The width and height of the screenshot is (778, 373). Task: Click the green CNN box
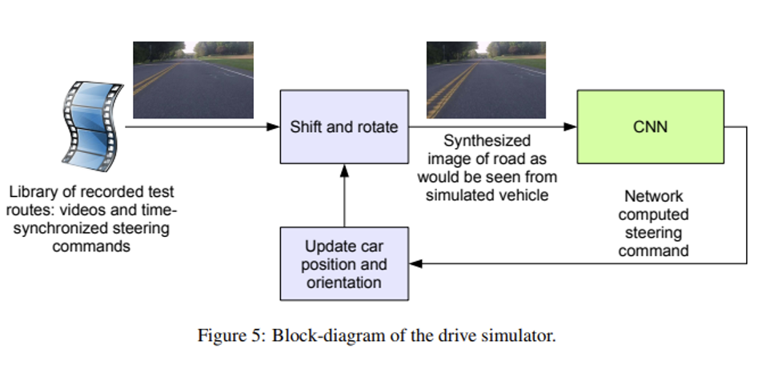(651, 126)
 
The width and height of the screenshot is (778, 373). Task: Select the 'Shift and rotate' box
(344, 126)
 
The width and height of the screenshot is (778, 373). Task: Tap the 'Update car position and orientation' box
(344, 264)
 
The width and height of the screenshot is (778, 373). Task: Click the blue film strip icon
(92, 126)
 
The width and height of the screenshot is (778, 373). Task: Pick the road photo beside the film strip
(193, 80)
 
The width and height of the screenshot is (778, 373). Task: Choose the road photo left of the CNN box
(487, 80)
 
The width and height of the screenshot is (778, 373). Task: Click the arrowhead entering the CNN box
(571, 126)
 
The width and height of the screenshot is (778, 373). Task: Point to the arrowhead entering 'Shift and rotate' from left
(274, 126)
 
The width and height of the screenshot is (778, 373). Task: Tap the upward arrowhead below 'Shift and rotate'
(344, 170)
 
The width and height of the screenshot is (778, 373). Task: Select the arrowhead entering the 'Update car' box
(415, 263)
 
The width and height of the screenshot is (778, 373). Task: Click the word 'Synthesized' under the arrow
(487, 141)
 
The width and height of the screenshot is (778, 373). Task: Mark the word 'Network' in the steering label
(653, 196)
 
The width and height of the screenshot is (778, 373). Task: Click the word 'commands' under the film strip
(91, 246)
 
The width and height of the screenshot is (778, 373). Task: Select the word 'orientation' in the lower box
(344, 283)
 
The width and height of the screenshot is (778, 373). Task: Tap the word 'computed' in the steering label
(653, 215)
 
